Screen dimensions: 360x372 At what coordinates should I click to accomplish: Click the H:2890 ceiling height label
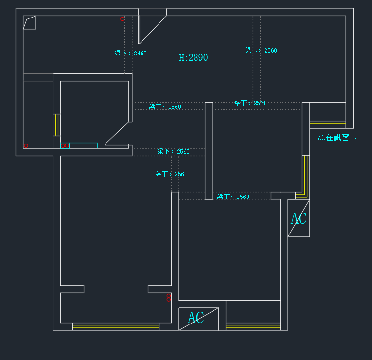coord(194,58)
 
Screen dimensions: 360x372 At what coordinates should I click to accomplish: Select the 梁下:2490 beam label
coord(131,54)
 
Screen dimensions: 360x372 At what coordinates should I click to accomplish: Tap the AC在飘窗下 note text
coord(337,138)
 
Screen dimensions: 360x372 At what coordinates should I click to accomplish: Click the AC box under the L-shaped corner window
coord(299,218)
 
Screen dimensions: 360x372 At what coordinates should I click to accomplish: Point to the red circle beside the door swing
coord(122,19)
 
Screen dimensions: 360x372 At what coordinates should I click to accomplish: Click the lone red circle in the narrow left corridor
coord(26,146)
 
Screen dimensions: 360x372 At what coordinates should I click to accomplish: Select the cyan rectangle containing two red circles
coord(79,145)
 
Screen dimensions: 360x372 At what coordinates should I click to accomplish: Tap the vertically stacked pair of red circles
coord(169,297)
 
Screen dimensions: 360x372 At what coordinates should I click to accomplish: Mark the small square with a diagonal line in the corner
coord(29,23)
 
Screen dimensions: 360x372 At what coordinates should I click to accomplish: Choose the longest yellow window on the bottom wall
coord(116,326)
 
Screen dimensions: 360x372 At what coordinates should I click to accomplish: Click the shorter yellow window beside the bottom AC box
coord(253,326)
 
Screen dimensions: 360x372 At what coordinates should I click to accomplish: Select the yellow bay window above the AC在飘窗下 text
coord(327,125)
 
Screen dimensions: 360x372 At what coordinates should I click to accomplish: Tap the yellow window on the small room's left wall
coord(56,125)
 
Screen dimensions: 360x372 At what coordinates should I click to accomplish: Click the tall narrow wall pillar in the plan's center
coord(209,150)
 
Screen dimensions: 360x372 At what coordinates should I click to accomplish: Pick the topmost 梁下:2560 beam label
coord(261,51)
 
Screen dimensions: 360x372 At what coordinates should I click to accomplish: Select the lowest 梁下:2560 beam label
coord(233,197)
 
